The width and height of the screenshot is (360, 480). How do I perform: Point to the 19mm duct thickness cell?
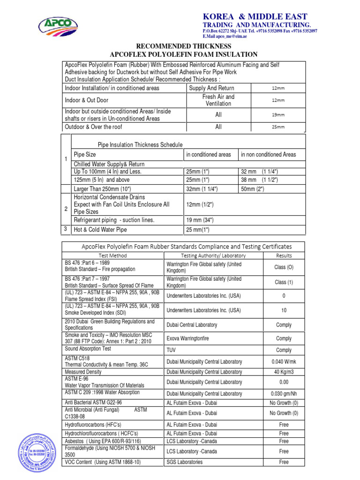pyautogui.click(x=278, y=115)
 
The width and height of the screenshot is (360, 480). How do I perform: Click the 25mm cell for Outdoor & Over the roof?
pyautogui.click(x=278, y=127)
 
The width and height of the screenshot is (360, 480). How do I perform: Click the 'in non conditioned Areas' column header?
pyautogui.click(x=268, y=154)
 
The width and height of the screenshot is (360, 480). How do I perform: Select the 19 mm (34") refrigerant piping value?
pyautogui.click(x=200, y=220)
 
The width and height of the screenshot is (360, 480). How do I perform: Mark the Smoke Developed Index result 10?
pyautogui.click(x=284, y=310)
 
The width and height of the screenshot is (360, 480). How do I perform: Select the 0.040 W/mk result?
pyautogui.click(x=284, y=361)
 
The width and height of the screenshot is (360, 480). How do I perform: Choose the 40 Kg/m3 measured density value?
pyautogui.click(x=284, y=372)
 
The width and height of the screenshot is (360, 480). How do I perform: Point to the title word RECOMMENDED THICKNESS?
pyautogui.click(x=183, y=46)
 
